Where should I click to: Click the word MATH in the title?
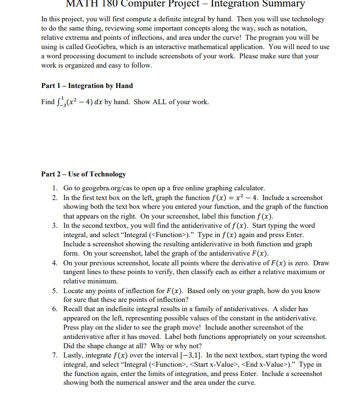pos(81,4)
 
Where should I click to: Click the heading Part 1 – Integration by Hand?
pos(87,86)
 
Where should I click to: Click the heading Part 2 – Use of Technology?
pos(83,174)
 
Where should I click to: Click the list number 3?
pos(54,226)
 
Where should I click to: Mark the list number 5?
pos(54,291)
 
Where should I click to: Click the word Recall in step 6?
pos(73,309)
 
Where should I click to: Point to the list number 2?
pos(54,198)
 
